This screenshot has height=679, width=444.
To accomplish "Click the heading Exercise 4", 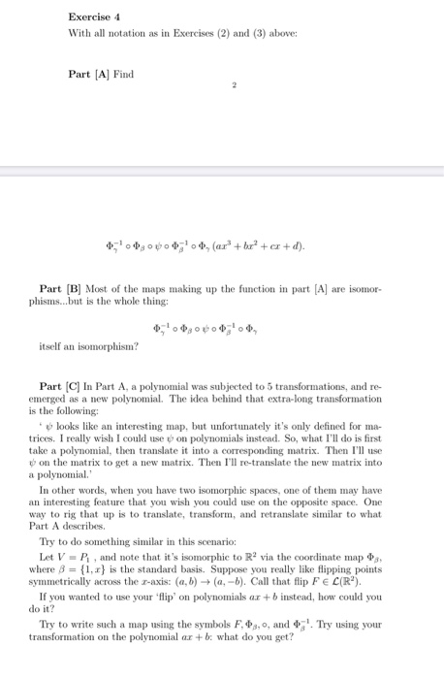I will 94,16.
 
